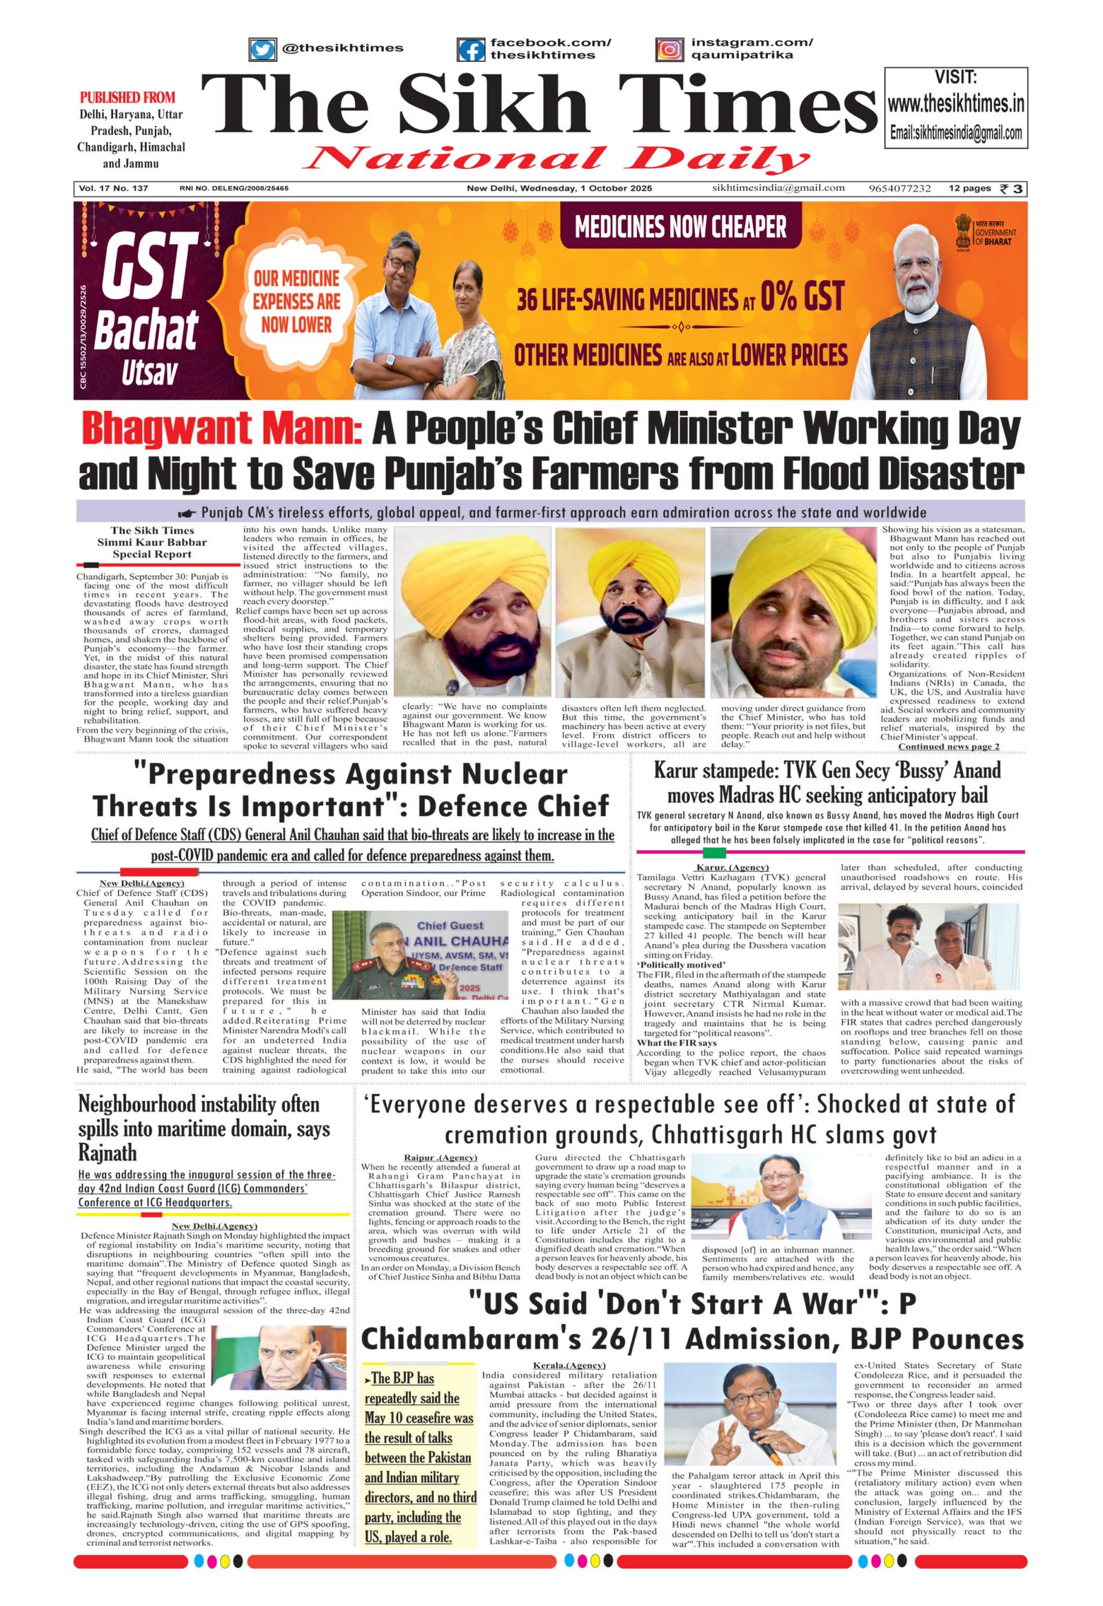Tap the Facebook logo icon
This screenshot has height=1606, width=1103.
471,50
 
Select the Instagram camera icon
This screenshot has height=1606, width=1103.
669,50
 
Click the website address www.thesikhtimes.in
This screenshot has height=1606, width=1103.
955,104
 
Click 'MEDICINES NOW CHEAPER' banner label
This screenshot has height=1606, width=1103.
680,227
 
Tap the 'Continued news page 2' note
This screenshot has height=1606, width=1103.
948,746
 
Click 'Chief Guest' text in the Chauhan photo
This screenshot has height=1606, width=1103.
450,924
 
